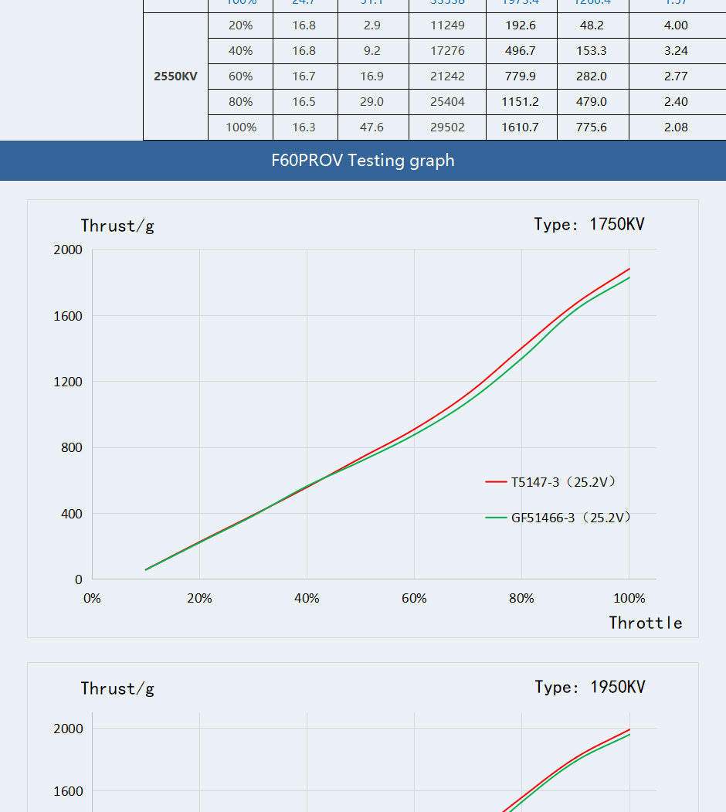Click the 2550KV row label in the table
tap(175, 76)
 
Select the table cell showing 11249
tap(448, 25)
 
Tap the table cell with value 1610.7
tap(520, 127)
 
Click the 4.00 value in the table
tap(676, 25)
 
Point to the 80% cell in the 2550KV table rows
tap(240, 102)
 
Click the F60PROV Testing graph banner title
tap(363, 161)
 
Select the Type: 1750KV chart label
tap(589, 225)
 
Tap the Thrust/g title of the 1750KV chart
tap(117, 226)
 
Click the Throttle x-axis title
tap(646, 623)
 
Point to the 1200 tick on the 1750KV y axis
tap(68, 382)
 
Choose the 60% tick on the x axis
tap(414, 599)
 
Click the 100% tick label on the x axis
tap(629, 599)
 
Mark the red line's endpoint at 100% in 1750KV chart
tap(629, 269)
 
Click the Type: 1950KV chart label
tap(590, 688)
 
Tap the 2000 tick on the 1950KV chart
tap(68, 729)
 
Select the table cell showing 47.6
tap(371, 127)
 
